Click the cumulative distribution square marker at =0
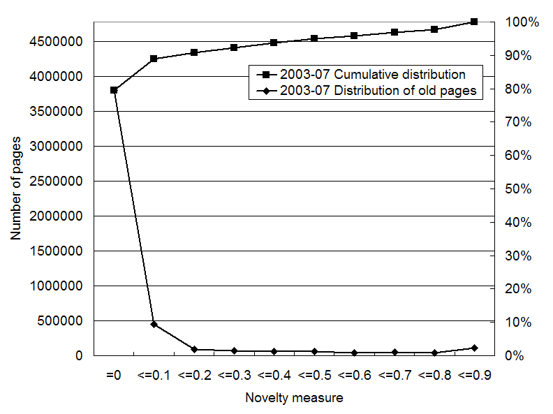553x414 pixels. click(114, 90)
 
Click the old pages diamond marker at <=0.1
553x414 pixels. click(154, 324)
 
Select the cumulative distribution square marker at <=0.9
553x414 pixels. click(474, 22)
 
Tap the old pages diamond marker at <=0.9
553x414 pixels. click(474, 348)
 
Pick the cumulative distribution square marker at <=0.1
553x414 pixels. click(154, 59)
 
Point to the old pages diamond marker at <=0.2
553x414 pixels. click(194, 349)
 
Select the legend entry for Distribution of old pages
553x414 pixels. click(378, 90)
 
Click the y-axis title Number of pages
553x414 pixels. click(16, 188)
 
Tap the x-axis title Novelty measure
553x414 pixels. click(294, 398)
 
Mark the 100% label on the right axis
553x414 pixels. click(523, 22)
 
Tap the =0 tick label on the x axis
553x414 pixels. click(114, 375)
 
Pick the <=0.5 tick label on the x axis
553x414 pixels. click(314, 375)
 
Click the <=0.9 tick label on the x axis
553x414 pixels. click(474, 375)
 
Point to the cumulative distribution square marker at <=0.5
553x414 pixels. click(314, 38)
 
